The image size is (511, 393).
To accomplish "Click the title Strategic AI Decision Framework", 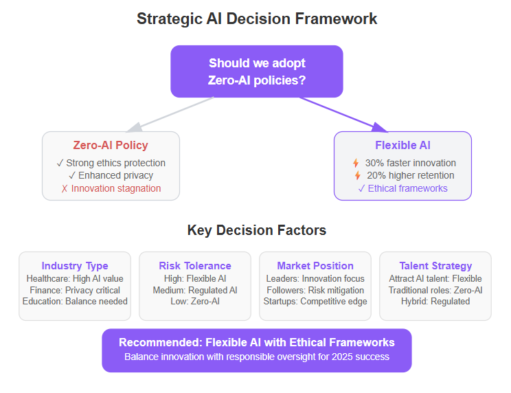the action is click(257, 19).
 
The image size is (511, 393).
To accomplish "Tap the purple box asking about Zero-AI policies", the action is click(257, 71).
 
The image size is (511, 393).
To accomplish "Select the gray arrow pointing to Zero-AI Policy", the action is click(170, 114).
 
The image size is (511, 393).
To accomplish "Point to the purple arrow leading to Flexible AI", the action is click(343, 114).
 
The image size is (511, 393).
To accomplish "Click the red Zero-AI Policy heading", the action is click(111, 145).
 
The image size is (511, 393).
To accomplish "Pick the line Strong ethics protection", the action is click(111, 163).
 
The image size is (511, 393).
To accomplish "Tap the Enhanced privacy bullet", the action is click(111, 175).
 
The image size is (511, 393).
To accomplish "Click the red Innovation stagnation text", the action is click(111, 188).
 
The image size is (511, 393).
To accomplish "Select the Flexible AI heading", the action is click(402, 145).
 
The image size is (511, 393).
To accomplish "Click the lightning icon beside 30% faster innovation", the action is click(356, 163).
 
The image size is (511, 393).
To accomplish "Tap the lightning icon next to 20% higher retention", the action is click(358, 175).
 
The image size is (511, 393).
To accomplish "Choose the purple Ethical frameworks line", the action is click(402, 188).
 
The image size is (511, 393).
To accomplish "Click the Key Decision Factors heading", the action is click(257, 230).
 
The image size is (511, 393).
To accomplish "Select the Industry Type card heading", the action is click(75, 266).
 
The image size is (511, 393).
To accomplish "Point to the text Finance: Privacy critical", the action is click(75, 290).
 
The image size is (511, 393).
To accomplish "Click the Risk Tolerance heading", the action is click(195, 266).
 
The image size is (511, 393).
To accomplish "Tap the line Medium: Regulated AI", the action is click(195, 290).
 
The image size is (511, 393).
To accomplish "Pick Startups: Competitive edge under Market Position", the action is click(315, 301).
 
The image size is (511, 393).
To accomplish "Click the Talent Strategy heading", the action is click(435, 266).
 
